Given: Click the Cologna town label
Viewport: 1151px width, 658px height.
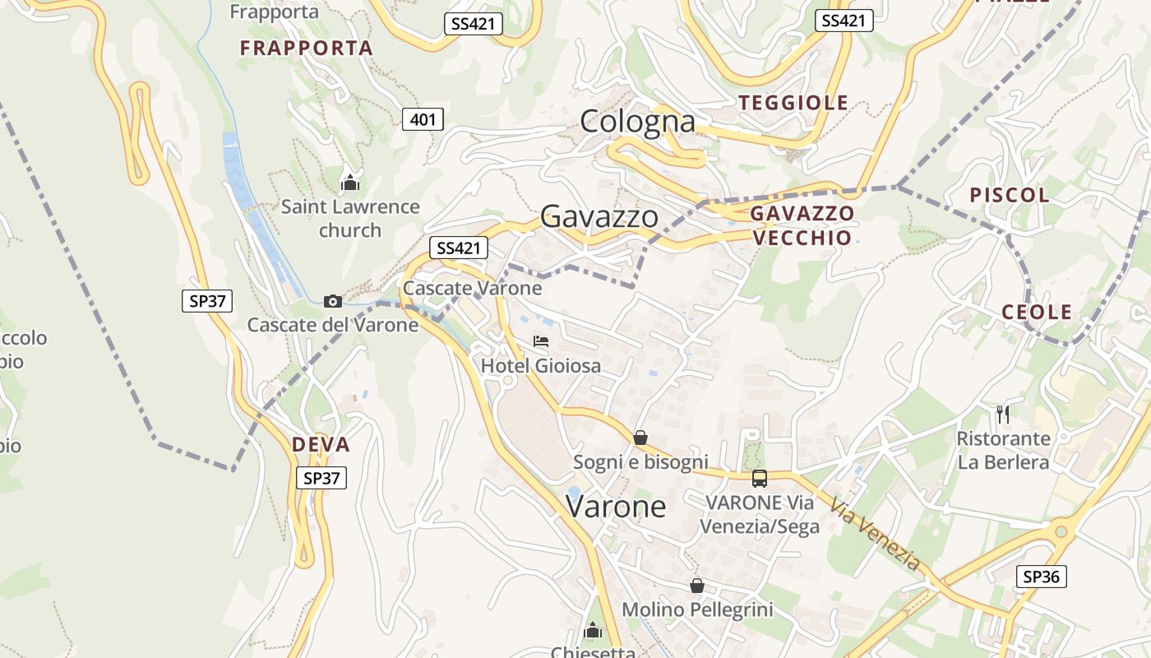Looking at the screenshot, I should [x=637, y=122].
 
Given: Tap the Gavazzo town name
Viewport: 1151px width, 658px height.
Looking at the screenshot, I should [x=599, y=216].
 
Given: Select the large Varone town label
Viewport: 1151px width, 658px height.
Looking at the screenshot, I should [x=616, y=506].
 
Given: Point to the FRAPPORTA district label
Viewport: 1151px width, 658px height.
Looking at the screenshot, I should [x=307, y=49].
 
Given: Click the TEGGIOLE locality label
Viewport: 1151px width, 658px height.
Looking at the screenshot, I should [x=793, y=103].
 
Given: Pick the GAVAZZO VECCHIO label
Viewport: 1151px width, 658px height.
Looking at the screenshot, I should [x=802, y=225].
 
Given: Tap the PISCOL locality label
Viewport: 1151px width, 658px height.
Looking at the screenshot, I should [x=1010, y=195].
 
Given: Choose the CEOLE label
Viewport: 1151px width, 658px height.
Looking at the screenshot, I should [x=1037, y=312].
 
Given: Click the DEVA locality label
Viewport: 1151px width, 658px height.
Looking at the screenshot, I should [x=321, y=445].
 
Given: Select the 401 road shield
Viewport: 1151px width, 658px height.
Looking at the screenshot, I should [x=423, y=120].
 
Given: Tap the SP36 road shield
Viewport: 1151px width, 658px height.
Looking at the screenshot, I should [x=1041, y=577].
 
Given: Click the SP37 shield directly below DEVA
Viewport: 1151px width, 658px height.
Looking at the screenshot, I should [x=321, y=478].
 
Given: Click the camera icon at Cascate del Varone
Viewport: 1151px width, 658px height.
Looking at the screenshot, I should [x=333, y=301].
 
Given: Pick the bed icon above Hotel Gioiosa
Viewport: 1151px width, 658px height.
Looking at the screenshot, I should [x=540, y=341].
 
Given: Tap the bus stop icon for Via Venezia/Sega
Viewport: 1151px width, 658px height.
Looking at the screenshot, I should [x=760, y=478].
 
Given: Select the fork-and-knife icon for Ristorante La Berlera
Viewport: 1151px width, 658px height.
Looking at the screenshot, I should [x=1002, y=414].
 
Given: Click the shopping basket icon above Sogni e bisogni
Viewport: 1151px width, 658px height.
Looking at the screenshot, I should [x=640, y=438].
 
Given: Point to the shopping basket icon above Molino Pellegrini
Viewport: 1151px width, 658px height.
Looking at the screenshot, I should [x=697, y=586].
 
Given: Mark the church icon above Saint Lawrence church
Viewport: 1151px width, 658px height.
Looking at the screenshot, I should [x=350, y=183].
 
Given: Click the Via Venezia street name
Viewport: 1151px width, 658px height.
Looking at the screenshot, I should [x=875, y=534].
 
